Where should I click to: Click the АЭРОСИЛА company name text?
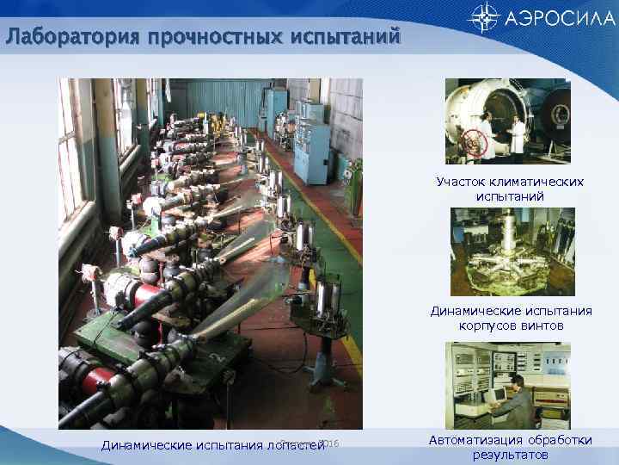pos(555,17)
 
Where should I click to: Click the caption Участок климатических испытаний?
pos(509,189)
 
